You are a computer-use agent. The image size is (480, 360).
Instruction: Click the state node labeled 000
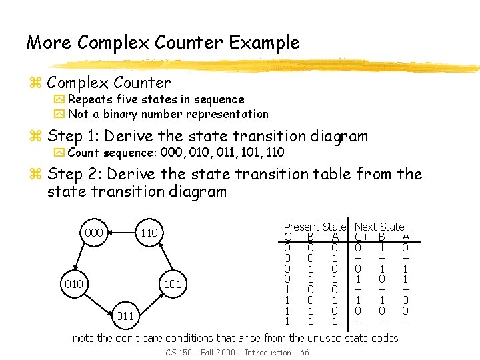pos(94,233)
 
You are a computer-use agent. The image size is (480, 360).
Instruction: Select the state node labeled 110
pos(149,233)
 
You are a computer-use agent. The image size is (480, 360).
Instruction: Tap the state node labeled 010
pos(73,285)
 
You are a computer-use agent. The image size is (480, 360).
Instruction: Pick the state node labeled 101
pos(173,285)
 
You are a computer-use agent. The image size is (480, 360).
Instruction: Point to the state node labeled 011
pos(125,315)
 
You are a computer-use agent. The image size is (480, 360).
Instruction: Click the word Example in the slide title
pos(264,43)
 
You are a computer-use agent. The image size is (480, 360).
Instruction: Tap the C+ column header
pos(362,237)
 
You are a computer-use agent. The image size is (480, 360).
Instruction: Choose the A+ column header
pos(409,237)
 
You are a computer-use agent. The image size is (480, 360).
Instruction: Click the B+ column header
pos(385,237)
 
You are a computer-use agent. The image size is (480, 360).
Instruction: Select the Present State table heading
pos(315,227)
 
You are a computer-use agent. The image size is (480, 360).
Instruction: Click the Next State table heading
pos(379,227)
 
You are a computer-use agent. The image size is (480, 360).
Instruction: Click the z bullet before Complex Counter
pos(35,83)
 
